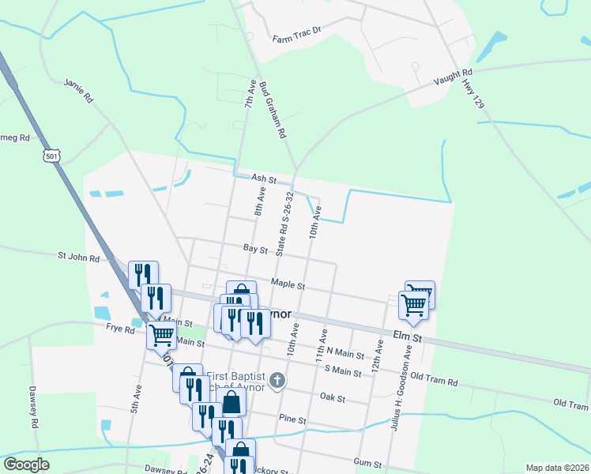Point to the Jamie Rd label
pyautogui.click(x=79, y=89)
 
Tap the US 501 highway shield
pyautogui.click(x=51, y=156)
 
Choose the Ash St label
pyautogui.click(x=264, y=179)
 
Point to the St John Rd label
pyautogui.click(x=78, y=258)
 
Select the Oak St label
pyautogui.click(x=333, y=398)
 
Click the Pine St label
pyautogui.click(x=292, y=419)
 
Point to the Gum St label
pyautogui.click(x=368, y=461)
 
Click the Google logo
pyautogui.click(x=26, y=465)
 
